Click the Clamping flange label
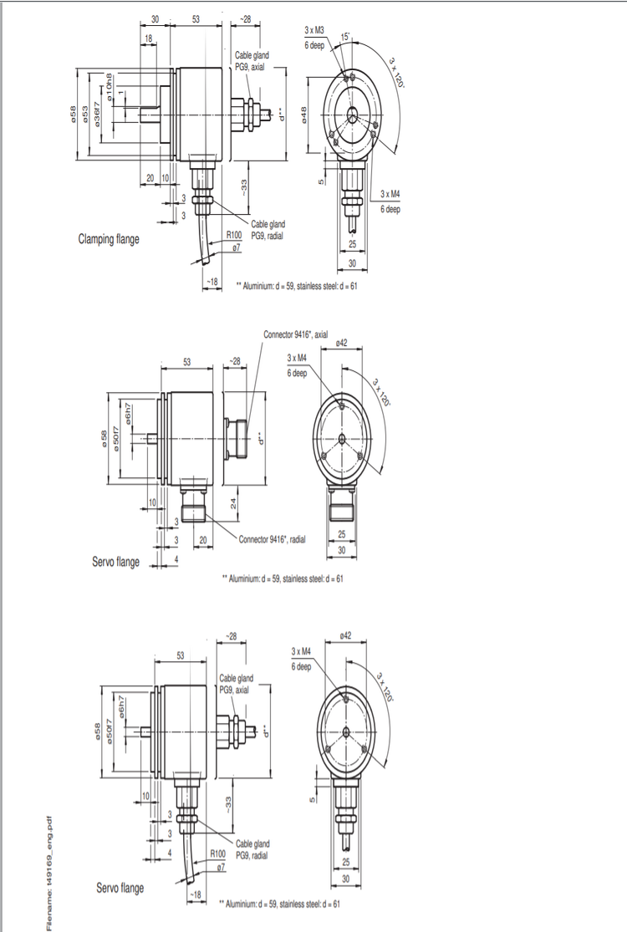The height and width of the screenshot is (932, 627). point(109,239)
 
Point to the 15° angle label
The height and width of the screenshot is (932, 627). point(345,37)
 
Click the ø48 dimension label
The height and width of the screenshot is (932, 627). point(303,115)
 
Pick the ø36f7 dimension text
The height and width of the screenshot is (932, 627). point(97,112)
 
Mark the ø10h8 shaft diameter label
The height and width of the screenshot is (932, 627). point(110,87)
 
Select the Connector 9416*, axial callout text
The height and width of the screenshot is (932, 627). point(295,334)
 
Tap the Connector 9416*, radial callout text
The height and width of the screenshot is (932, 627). point(273,540)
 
